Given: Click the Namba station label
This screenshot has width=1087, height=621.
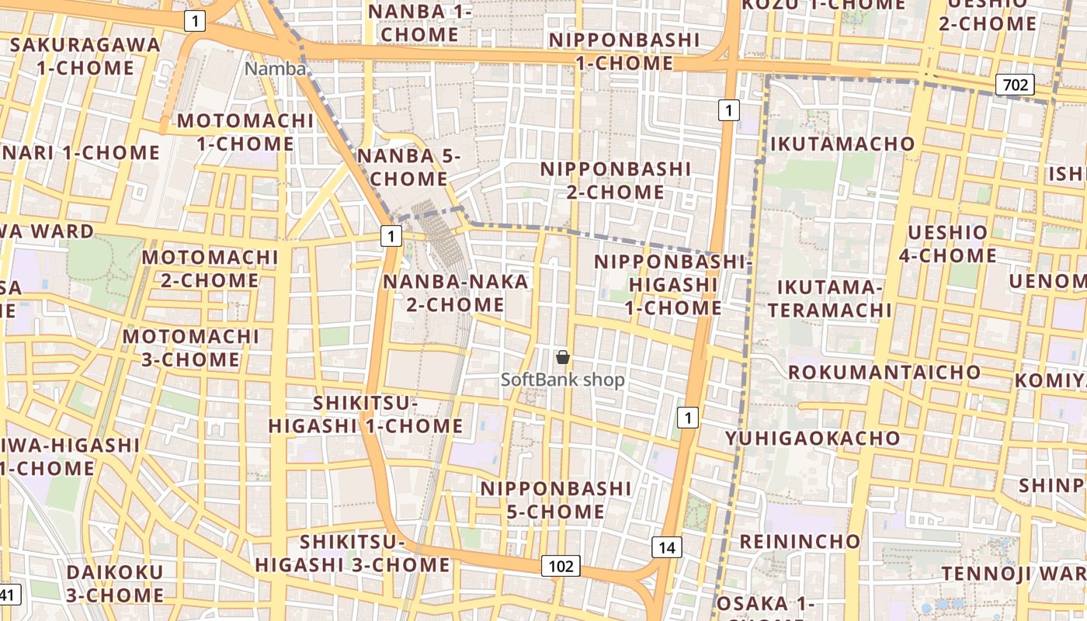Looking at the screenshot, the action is pyautogui.click(x=276, y=68).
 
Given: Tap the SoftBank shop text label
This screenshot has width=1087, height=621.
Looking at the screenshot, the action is pyautogui.click(x=562, y=380).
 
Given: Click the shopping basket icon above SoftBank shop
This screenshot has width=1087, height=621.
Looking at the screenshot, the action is pyautogui.click(x=563, y=357).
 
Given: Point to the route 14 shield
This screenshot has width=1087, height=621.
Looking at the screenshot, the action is pyautogui.click(x=666, y=547).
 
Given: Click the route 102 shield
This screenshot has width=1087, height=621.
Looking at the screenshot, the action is pyautogui.click(x=561, y=566).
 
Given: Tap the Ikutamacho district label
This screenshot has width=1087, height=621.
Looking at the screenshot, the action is pyautogui.click(x=842, y=144).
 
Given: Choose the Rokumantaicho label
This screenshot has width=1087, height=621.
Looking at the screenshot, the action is pyautogui.click(x=884, y=372).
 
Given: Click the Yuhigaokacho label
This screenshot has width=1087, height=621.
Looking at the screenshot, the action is pyautogui.click(x=812, y=439).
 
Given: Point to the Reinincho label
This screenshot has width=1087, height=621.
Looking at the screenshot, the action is pyautogui.click(x=800, y=541).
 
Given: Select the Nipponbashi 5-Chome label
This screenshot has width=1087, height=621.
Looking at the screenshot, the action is pyautogui.click(x=556, y=500).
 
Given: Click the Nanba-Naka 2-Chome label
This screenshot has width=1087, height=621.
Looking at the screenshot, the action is pyautogui.click(x=456, y=293).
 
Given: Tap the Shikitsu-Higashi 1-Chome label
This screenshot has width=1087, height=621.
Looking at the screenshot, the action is pyautogui.click(x=366, y=415).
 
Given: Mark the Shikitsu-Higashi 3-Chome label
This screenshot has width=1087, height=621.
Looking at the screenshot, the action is pyautogui.click(x=352, y=553).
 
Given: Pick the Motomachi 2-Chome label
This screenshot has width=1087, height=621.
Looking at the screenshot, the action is pyautogui.click(x=210, y=269).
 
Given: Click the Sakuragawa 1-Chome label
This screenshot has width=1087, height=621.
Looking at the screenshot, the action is pyautogui.click(x=85, y=56).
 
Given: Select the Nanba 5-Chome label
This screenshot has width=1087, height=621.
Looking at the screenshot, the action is pyautogui.click(x=408, y=167).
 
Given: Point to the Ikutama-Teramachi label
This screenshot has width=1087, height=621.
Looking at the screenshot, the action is pyautogui.click(x=829, y=299).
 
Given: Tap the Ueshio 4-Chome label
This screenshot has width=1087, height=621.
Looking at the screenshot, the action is pyautogui.click(x=947, y=244).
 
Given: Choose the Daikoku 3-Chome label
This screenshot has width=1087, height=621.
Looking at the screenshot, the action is pyautogui.click(x=115, y=584).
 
